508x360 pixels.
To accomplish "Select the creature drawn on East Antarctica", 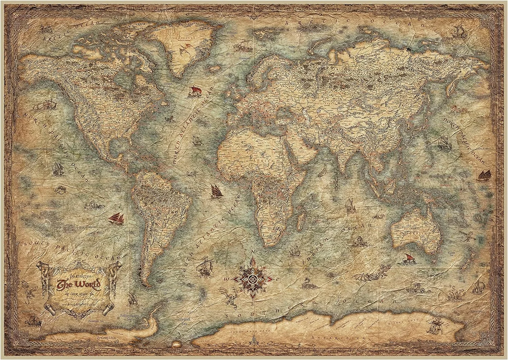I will tap(432, 327).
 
